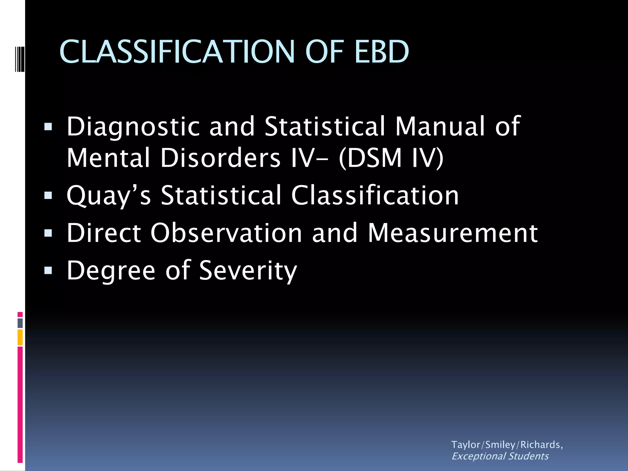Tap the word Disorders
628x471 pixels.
[x=220, y=158]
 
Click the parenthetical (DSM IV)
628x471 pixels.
[x=391, y=158]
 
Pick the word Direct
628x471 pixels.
[x=104, y=233]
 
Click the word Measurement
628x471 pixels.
[x=453, y=233]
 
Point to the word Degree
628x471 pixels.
[x=111, y=270]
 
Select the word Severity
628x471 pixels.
[x=248, y=270]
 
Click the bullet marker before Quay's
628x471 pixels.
[x=48, y=195]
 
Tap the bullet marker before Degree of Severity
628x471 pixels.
[x=48, y=270]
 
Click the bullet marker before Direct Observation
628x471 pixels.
[x=48, y=233]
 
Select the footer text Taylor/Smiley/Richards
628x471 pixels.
[x=507, y=445]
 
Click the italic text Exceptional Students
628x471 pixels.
[x=500, y=456]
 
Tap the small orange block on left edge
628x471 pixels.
[x=20, y=337]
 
